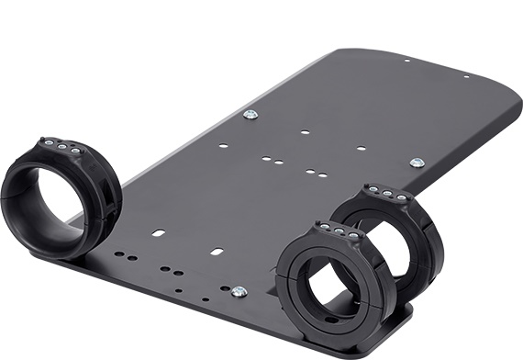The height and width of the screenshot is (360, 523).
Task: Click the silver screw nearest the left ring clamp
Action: pyautogui.click(x=250, y=115)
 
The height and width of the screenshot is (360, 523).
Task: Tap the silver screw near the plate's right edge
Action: pyautogui.click(x=417, y=163)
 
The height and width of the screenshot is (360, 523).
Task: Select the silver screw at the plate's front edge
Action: pyautogui.click(x=239, y=292)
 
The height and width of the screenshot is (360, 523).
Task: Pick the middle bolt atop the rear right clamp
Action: pyautogui.click(x=385, y=192)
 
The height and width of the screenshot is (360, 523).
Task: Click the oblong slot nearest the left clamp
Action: pyautogui.click(x=158, y=232)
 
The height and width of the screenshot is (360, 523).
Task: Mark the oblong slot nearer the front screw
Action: pyautogui.click(x=217, y=251)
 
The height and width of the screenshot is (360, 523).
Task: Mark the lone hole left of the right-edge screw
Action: pyautogui.click(x=361, y=148)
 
